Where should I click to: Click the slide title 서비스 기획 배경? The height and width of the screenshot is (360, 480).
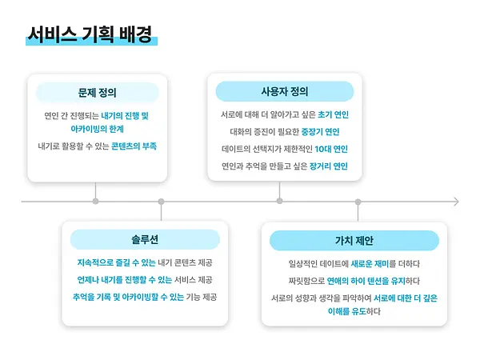coord(90,34)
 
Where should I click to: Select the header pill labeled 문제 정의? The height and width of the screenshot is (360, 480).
coord(97,93)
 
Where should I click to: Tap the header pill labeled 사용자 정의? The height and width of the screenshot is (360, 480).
coord(285,91)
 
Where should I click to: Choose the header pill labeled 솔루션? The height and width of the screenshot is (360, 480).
coord(145,239)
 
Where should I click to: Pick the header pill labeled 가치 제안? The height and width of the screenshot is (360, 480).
coord(354,241)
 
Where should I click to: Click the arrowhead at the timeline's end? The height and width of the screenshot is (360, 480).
coord(457,202)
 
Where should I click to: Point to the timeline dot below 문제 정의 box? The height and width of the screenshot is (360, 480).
coord(95,201)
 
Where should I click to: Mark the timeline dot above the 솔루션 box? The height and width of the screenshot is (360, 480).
coord(161,202)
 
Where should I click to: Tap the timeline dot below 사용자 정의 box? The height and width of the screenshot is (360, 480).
coord(279,201)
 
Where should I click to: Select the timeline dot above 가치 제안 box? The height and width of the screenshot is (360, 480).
coord(358,202)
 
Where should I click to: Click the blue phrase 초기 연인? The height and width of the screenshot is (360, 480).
coord(334,114)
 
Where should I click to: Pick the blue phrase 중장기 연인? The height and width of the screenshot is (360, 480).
coord(321,132)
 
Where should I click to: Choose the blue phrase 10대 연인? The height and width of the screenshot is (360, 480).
coord(331,149)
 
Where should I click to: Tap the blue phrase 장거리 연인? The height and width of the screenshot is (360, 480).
coord(329,166)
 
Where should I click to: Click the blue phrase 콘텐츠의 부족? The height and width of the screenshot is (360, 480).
coord(134,146)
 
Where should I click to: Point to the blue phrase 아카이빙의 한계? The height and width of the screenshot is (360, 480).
coord(97,129)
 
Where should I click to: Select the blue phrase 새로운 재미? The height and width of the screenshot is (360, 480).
coord(370,263)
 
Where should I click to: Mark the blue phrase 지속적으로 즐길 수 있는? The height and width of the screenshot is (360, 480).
coord(116,262)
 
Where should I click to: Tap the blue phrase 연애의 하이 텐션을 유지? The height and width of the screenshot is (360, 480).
coord(366,281)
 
